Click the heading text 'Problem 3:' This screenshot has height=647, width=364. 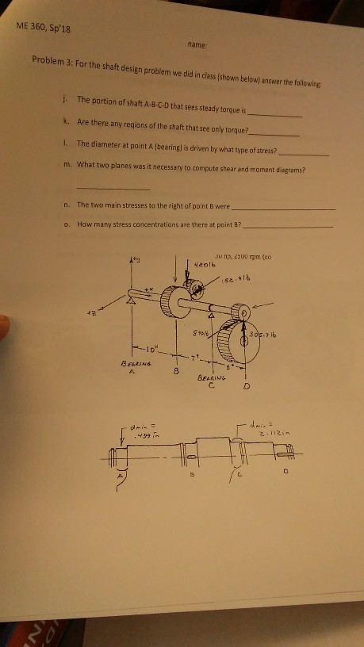(x=52, y=61)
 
